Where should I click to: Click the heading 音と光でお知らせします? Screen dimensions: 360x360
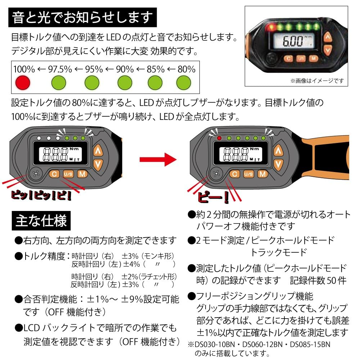[x=82, y=18]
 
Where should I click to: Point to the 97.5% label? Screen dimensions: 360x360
[x=59, y=69]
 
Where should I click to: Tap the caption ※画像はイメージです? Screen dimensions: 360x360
[x=317, y=81]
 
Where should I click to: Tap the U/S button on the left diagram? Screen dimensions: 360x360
[x=68, y=174]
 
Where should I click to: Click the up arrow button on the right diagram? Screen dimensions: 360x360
[x=278, y=150]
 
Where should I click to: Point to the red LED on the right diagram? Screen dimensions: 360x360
[x=219, y=138]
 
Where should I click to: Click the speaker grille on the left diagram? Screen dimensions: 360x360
[x=35, y=174]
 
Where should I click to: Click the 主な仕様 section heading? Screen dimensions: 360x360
[x=41, y=220]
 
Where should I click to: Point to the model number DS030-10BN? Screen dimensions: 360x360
[x=216, y=345]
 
